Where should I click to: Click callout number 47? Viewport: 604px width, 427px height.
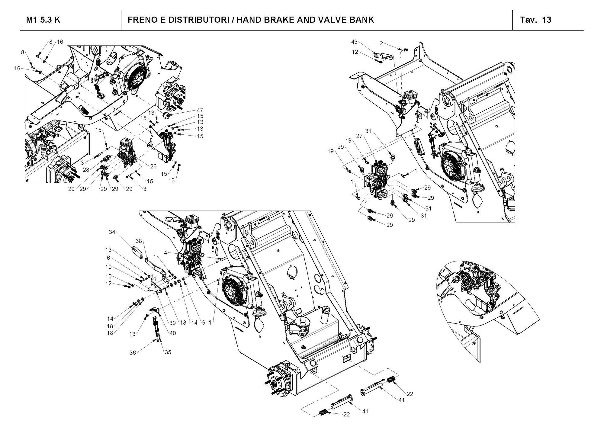200,110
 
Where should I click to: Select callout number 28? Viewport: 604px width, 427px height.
86,170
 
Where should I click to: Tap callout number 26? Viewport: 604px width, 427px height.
153,166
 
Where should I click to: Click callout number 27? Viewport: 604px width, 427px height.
359,136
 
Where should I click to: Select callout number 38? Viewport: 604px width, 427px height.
139,241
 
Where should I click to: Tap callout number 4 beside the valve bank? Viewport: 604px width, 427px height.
165,252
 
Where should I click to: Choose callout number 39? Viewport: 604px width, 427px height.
172,323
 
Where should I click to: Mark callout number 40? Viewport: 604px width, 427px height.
172,333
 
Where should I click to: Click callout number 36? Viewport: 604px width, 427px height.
133,353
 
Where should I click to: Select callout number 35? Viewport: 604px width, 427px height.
168,352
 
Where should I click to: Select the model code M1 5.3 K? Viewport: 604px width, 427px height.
43,20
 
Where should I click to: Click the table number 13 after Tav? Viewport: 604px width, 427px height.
547,20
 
